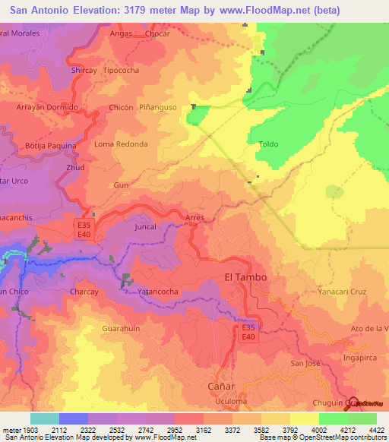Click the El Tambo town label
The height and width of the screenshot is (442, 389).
tap(246, 277)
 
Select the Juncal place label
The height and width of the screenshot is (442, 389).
tap(145, 227)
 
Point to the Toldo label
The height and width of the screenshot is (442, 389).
tap(268, 144)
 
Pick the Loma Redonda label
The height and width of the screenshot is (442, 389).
tap(121, 144)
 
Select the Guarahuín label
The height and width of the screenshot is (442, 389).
tap(122, 328)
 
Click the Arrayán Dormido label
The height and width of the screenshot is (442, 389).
tap(47, 108)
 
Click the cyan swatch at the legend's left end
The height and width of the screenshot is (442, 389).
tap(44, 418)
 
